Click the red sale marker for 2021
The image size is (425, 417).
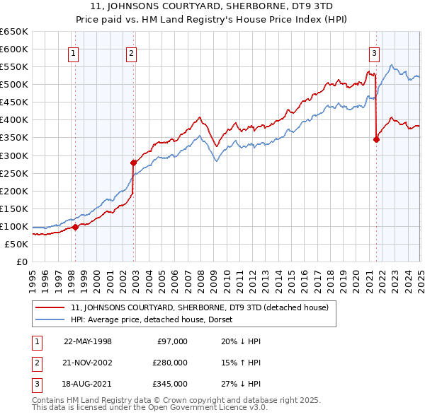click(x=376, y=139)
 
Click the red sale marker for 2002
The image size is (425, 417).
click(x=134, y=163)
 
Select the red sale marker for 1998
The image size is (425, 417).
click(x=75, y=227)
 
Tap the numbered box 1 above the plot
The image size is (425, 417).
click(x=74, y=52)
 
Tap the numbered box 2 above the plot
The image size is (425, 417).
click(x=132, y=52)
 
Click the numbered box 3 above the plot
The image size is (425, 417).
click(x=374, y=52)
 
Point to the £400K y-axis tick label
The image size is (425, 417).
click(x=14, y=120)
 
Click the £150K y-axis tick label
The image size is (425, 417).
click(x=14, y=208)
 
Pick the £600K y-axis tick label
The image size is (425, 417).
click(x=14, y=49)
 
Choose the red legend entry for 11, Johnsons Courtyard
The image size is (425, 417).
click(x=199, y=308)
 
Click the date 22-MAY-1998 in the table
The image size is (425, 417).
click(x=88, y=341)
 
